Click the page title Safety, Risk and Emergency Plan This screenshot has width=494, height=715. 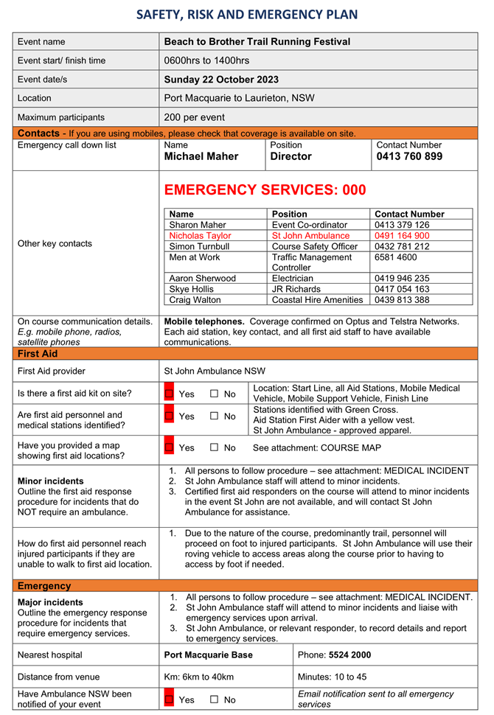247,14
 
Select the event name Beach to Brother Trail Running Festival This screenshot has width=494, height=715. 257,42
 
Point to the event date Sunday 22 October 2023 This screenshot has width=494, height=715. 221,80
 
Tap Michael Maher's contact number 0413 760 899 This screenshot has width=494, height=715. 409,156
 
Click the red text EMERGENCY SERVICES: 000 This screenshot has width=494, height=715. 265,190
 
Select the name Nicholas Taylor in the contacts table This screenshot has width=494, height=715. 200,236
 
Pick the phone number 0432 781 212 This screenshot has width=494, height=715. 402,246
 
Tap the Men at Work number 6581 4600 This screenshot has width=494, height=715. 396,257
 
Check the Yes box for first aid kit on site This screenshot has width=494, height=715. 169,394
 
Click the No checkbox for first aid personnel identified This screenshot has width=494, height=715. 215,416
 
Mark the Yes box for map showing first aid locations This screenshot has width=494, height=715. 169,447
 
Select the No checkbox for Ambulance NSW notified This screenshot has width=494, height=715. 215,700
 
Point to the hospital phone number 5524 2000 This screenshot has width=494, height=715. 350,655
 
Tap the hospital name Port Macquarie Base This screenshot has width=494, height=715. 208,655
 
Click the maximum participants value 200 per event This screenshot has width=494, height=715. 195,117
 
